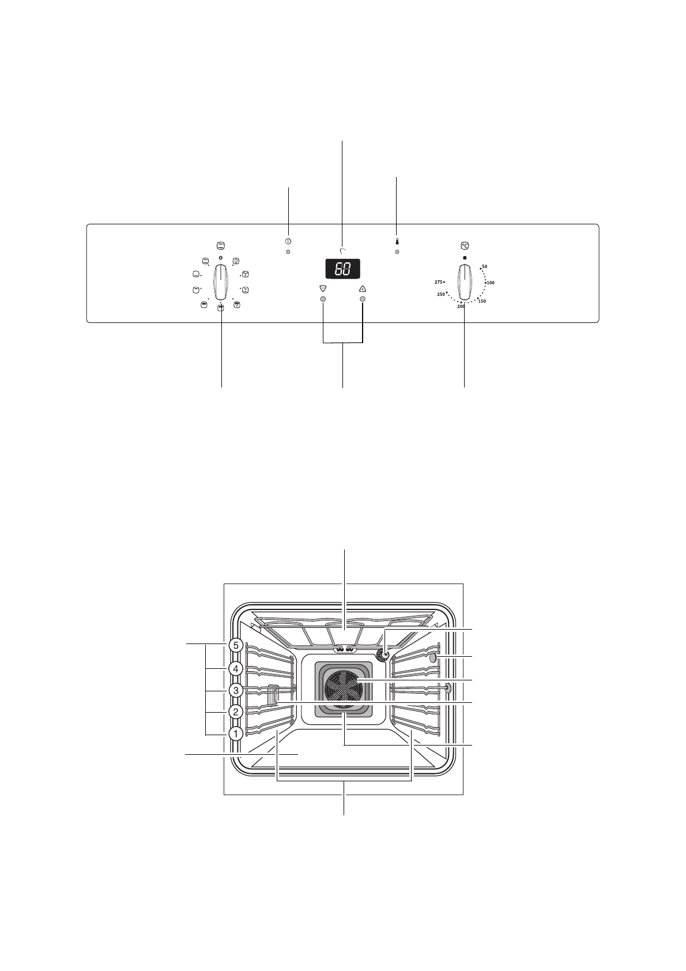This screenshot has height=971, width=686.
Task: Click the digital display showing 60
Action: tap(342, 269)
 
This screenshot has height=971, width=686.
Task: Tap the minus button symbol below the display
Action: tap(322, 288)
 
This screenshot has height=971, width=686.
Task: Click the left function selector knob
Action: tap(221, 282)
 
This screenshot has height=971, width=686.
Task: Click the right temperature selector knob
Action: tap(465, 282)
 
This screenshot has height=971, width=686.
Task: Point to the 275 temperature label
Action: tap(439, 282)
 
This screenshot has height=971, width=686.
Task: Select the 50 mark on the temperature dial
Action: tap(484, 266)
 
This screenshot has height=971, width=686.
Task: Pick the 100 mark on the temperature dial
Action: tap(491, 283)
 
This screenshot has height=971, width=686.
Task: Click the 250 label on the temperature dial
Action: tap(441, 294)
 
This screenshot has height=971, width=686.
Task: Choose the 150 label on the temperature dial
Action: tap(482, 301)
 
